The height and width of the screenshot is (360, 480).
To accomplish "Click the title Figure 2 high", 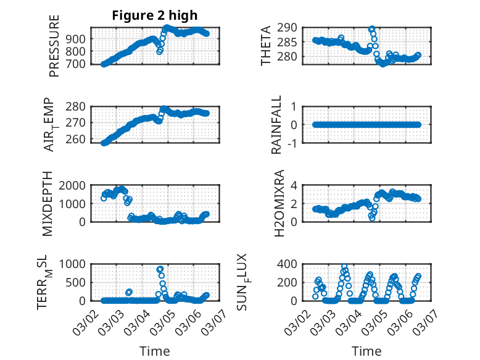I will pyautogui.click(x=155, y=15).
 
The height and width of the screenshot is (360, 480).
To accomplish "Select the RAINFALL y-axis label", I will pyautogui.click(x=277, y=125).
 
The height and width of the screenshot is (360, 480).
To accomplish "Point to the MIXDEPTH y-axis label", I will pyautogui.click(x=47, y=204).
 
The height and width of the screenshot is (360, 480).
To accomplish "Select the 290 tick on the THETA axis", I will pyautogui.click(x=289, y=27).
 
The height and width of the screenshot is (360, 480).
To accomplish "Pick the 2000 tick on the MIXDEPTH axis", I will pyautogui.click(x=75, y=185).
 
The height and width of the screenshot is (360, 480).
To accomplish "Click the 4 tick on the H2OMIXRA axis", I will pyautogui.click(x=295, y=185).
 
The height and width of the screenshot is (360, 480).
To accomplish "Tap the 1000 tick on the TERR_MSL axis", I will pyautogui.click(x=75, y=264).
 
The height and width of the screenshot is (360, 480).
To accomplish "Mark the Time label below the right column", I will pyautogui.click(x=366, y=351).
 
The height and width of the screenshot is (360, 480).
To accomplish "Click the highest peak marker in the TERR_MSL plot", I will pyautogui.click(x=160, y=269).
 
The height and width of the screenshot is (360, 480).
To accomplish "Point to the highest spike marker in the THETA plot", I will pyautogui.click(x=371, y=29).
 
